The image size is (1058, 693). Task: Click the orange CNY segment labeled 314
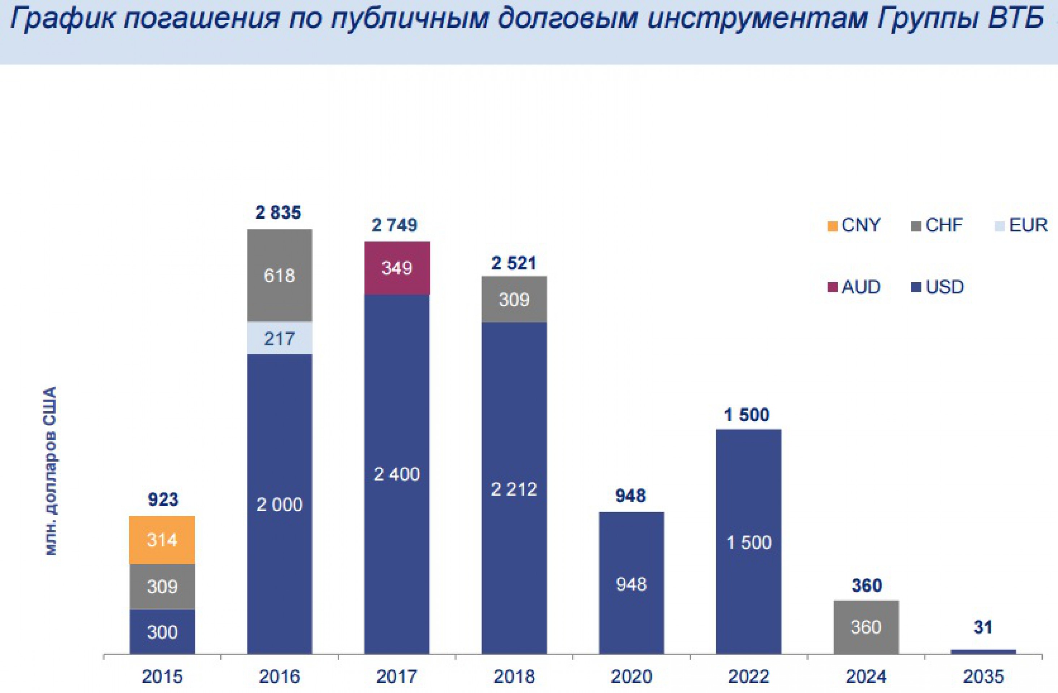click(162, 540)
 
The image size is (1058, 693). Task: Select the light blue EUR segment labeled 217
click(279, 338)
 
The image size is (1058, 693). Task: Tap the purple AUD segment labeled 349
click(397, 268)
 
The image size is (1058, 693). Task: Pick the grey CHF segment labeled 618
click(279, 275)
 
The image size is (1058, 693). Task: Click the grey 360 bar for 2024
click(866, 627)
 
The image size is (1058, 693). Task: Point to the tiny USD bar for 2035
click(983, 651)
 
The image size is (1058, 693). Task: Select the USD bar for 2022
click(748, 542)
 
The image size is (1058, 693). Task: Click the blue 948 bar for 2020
click(631, 584)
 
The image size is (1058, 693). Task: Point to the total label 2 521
click(514, 263)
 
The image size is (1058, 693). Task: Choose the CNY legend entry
click(854, 225)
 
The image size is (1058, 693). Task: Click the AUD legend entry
click(854, 287)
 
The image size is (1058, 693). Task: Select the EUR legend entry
click(1022, 225)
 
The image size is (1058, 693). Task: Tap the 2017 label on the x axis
click(397, 676)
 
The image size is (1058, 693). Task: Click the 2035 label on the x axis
click(983, 676)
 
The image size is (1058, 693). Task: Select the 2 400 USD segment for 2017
click(397, 474)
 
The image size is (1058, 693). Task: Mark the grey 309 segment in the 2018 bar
click(514, 300)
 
